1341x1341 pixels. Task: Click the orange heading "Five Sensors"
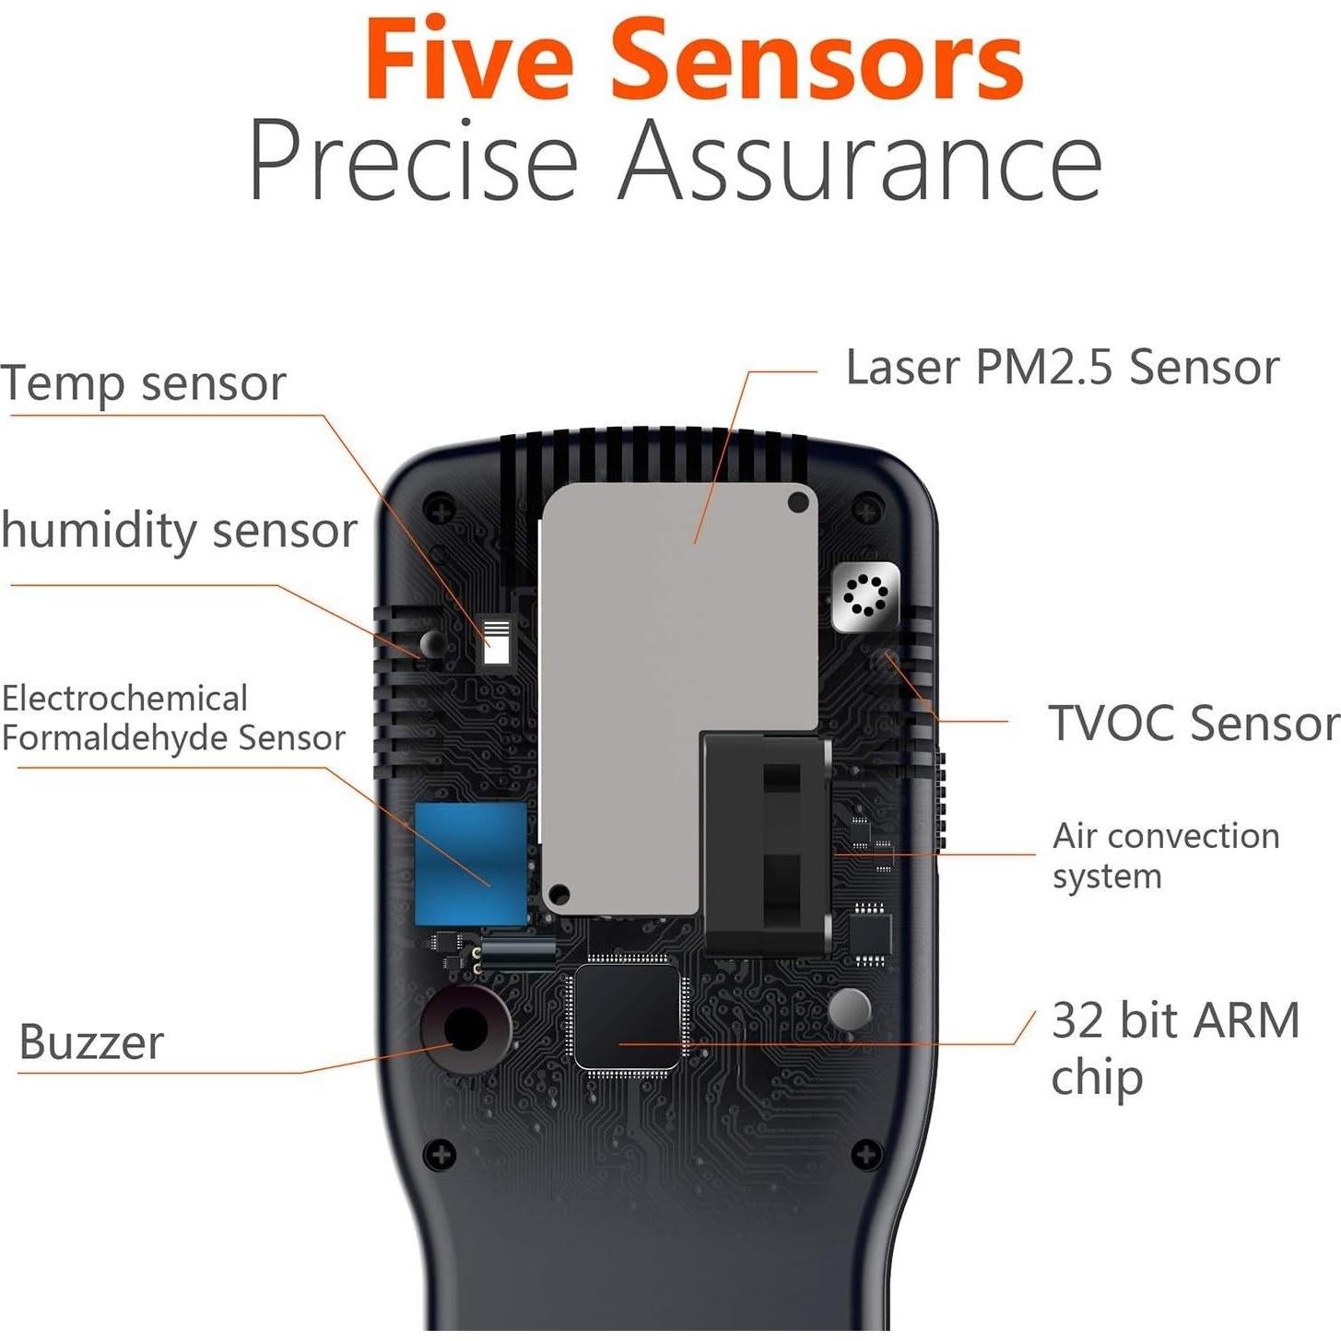693,61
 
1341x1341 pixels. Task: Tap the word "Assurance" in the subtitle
860,160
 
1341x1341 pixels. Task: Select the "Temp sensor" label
143,383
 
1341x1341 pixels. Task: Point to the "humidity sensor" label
179,531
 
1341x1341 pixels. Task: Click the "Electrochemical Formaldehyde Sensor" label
172,718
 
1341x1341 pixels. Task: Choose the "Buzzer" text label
91,1042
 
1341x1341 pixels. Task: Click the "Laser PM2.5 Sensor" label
1062,367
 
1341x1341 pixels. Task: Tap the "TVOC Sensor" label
1193,723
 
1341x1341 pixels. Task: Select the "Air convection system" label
1165,855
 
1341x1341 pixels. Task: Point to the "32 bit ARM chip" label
1174,1048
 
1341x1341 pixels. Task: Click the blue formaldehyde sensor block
470,864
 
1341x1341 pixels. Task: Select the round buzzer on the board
465,1029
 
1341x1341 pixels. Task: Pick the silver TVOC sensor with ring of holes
865,596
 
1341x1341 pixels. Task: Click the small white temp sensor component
496,641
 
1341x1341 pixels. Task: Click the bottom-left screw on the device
440,1154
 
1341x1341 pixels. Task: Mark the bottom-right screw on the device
865,1154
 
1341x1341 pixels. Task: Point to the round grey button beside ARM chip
849,1009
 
